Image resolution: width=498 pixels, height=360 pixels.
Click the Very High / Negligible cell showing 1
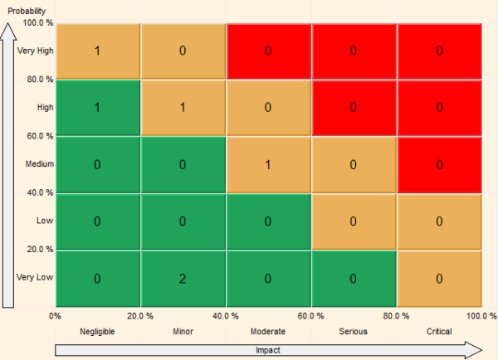(97, 51)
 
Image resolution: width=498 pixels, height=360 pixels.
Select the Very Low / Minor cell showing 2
(183, 278)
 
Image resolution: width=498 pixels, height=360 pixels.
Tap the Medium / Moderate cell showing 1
(268, 164)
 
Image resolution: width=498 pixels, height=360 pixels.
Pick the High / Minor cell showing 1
(183, 108)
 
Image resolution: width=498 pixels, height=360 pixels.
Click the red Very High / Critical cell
(439, 51)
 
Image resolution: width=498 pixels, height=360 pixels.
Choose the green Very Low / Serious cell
(354, 278)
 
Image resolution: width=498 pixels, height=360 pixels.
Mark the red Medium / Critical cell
(439, 164)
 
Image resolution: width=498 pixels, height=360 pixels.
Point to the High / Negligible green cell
(97, 108)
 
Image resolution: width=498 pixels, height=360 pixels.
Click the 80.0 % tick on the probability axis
(39, 80)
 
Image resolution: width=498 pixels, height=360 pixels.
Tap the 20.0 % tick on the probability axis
(39, 249)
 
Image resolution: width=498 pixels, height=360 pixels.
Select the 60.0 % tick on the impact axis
(311, 316)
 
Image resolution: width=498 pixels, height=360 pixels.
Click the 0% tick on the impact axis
(56, 316)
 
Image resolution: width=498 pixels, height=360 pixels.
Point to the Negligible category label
(97, 332)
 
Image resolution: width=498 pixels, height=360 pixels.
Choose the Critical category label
(439, 332)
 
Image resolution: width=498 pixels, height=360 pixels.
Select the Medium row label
(40, 164)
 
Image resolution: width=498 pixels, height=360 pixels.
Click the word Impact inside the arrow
(268, 350)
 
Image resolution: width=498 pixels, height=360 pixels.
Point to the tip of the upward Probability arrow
(8, 25)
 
